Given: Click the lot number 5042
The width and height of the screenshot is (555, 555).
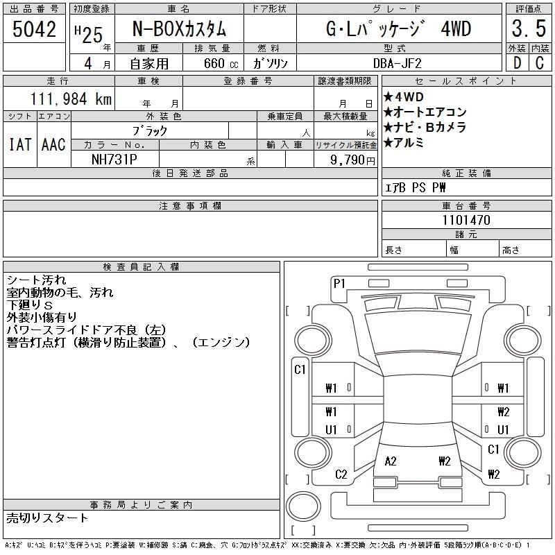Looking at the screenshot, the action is coord(34,29).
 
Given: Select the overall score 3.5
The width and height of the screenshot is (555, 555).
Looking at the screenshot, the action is coord(529,28).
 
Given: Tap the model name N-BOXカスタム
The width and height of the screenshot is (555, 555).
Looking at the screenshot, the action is coord(179,29).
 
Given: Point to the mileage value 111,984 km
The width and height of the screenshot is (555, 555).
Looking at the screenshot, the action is coord(71,99).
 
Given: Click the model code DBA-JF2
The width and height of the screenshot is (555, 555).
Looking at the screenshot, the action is coord(398,63).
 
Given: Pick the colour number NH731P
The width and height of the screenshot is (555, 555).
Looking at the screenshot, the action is coord(114,160).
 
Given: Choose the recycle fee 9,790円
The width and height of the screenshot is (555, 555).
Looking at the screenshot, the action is coord(352,160).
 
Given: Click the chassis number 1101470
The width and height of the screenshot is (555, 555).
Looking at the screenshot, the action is coord(466,220).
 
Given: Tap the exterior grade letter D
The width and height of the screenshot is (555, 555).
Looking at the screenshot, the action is coord(517,63).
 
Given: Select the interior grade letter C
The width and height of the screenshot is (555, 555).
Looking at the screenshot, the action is coord(540,63).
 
